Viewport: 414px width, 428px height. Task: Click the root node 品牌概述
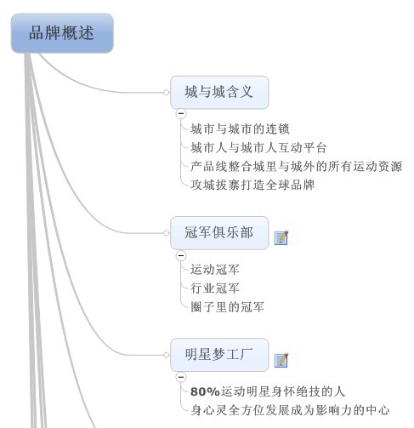click(62, 33)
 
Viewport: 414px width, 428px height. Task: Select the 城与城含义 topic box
click(219, 92)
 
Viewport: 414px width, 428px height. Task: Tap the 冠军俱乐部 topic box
click(219, 233)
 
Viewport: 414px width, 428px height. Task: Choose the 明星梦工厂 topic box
click(219, 355)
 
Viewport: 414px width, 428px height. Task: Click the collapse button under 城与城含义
click(181, 113)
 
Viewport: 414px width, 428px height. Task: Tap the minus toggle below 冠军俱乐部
click(181, 255)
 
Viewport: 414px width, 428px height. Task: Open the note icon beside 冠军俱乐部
click(281, 237)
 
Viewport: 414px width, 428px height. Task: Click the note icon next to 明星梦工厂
click(281, 361)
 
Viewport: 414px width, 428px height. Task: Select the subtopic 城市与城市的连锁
click(240, 129)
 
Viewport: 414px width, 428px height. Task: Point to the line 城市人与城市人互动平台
click(258, 148)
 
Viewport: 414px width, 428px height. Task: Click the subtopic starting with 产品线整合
click(296, 167)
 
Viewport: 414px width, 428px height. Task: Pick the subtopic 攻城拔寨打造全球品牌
click(252, 185)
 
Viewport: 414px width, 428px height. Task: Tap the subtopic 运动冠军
click(215, 270)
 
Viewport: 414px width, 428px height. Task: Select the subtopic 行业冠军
click(215, 288)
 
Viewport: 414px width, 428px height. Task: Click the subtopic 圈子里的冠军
click(227, 307)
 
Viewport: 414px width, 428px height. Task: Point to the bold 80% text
click(205, 391)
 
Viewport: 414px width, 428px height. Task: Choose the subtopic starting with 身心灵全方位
click(290, 410)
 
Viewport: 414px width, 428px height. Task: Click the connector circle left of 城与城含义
click(167, 92)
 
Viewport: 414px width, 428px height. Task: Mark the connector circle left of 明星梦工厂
click(167, 355)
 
